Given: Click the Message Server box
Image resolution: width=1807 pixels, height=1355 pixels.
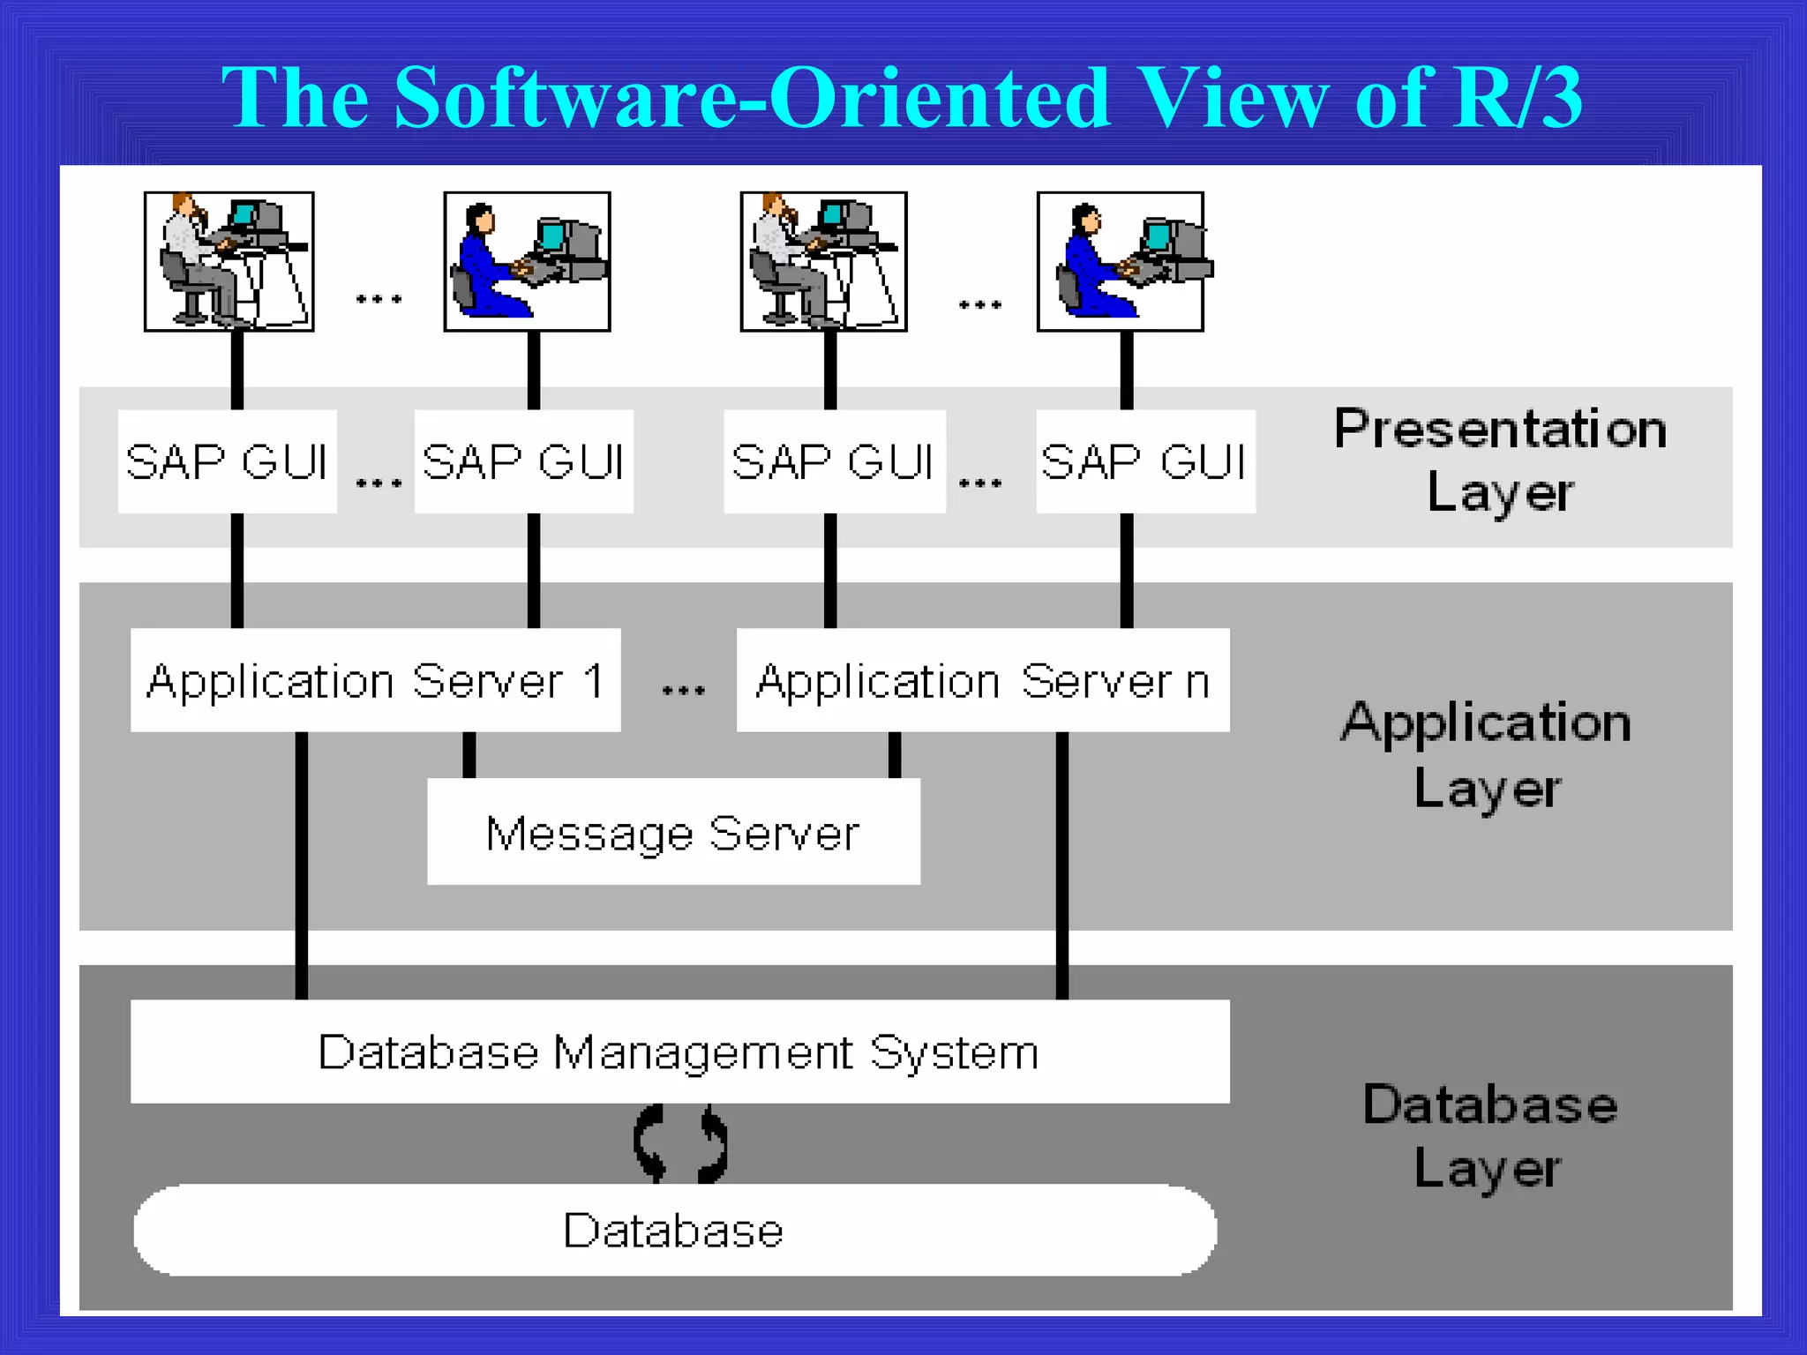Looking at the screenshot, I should [673, 831].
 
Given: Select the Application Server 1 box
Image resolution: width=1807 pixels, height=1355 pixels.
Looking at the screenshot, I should [375, 680].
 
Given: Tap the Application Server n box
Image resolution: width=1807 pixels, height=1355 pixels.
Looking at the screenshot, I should [983, 680].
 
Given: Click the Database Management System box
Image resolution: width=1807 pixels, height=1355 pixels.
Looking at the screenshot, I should [679, 1051].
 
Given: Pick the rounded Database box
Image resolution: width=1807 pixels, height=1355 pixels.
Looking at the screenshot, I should [675, 1230].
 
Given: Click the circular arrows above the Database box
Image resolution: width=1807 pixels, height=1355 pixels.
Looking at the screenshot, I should [680, 1143].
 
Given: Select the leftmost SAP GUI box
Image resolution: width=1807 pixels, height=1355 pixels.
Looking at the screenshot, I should [228, 461].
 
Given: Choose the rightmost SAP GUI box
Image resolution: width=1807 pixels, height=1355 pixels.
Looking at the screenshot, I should [1145, 461].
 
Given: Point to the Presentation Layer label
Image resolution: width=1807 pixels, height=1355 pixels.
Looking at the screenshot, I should [1500, 460].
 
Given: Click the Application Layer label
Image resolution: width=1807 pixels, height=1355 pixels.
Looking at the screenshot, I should [1487, 754].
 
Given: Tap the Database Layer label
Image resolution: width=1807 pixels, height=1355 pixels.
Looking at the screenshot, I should [1489, 1136].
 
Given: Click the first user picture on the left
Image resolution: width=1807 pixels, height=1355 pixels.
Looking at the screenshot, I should [229, 261].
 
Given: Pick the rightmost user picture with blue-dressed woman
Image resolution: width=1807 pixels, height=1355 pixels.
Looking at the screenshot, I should [1121, 261].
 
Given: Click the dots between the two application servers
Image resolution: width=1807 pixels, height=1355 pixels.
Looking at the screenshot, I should [683, 690].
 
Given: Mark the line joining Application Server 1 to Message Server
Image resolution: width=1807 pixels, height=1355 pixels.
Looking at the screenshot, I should [469, 754].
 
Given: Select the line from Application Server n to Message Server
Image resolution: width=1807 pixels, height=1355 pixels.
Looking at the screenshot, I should [895, 754].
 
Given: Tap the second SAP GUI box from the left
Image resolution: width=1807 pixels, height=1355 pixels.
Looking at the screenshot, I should [524, 461].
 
